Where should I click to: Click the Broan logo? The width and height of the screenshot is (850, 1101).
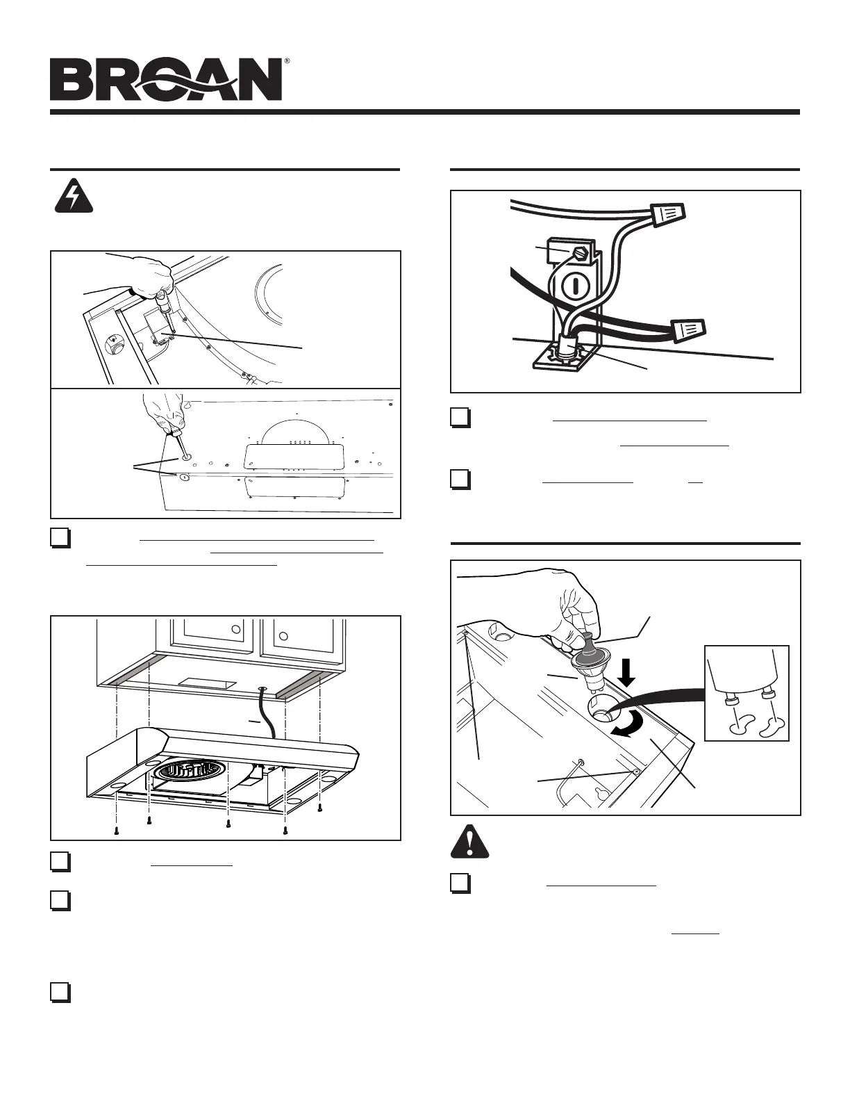click(166, 80)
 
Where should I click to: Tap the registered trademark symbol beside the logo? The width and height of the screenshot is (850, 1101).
click(287, 62)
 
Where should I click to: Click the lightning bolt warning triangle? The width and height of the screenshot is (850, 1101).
click(74, 197)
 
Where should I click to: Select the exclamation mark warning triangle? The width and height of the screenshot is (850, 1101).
click(469, 841)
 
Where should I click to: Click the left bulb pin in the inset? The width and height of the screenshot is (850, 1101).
click(732, 700)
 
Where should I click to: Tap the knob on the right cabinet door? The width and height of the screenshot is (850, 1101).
click(283, 635)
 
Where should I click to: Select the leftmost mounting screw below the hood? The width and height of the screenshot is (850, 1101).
click(117, 831)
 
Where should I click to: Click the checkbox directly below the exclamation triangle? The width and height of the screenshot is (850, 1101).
click(460, 883)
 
